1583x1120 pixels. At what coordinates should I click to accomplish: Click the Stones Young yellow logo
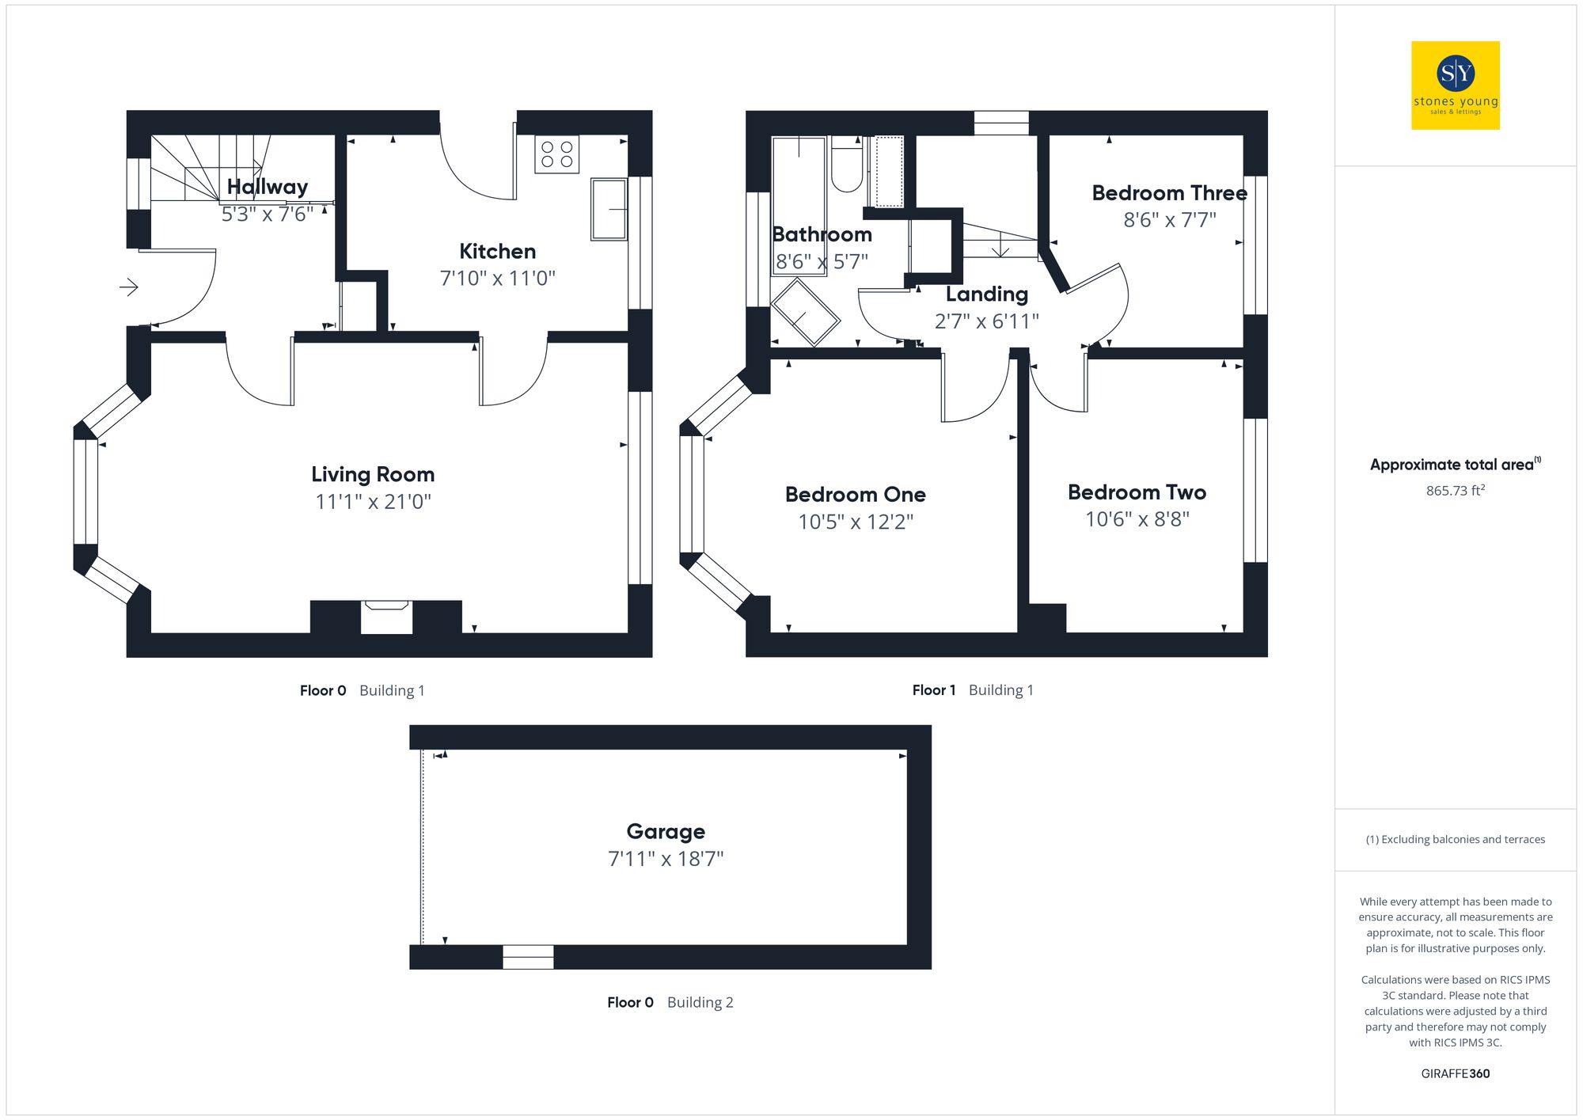coord(1455,85)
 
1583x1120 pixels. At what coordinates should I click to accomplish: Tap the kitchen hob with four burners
coord(556,154)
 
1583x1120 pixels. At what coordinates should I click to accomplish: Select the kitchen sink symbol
coord(609,209)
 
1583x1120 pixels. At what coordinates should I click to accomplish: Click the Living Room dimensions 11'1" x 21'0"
coord(373,502)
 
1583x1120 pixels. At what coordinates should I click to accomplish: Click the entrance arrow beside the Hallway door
coord(129,287)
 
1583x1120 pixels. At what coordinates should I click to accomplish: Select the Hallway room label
coord(267,187)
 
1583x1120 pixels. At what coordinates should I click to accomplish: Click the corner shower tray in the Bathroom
coord(805,313)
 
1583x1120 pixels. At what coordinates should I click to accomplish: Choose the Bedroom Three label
coord(1169,193)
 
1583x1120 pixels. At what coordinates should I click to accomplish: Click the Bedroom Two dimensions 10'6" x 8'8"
coord(1137,519)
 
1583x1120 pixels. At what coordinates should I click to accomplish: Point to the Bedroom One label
coord(855,495)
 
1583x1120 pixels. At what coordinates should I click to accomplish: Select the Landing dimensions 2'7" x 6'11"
coord(986,321)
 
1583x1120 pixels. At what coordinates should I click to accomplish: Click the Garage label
coord(666,831)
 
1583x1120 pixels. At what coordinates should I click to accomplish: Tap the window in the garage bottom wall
coord(528,957)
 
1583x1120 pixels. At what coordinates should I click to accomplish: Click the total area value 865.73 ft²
coord(1455,491)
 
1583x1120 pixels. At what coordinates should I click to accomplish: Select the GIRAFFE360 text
coord(1455,1073)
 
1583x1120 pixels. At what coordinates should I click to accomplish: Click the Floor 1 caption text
coord(933,690)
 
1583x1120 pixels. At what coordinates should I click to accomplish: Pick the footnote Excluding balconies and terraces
coord(1455,839)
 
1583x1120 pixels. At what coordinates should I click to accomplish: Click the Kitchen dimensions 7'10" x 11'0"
coord(497,279)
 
